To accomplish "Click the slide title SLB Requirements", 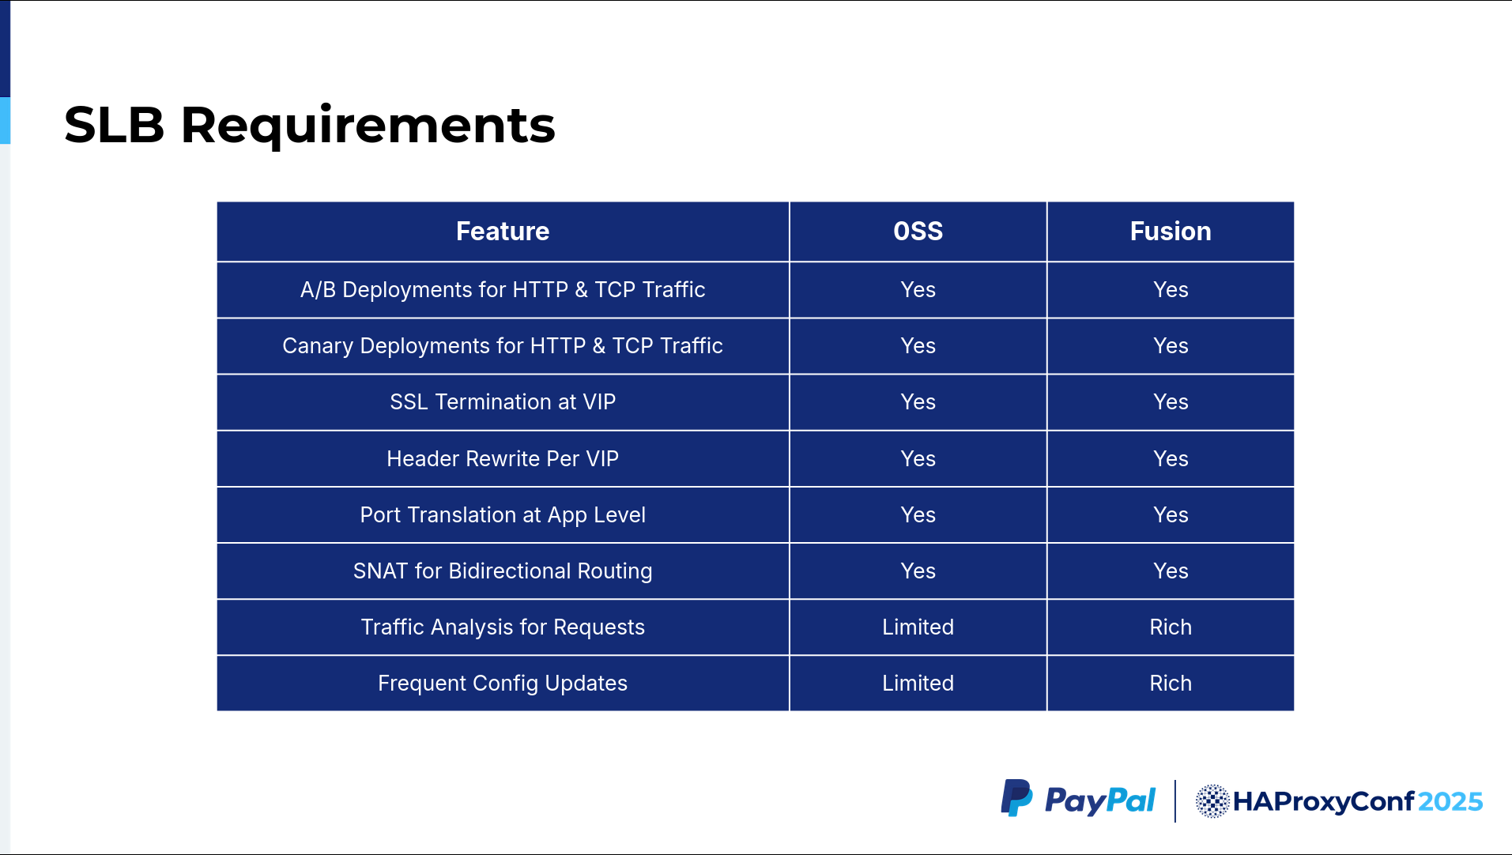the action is (x=310, y=125).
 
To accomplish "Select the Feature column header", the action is (x=503, y=231).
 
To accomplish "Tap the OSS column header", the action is (x=918, y=231).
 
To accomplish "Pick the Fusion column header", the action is (x=1171, y=231).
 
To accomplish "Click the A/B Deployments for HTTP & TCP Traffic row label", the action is (x=503, y=289).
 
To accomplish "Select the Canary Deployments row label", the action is (x=503, y=346).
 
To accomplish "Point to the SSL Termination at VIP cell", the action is (x=503, y=401).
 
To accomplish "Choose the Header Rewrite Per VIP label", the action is (x=503, y=458).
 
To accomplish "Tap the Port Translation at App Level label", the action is (x=503, y=515).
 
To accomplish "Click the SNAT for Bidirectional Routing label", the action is (x=503, y=571).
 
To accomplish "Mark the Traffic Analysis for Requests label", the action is (x=503, y=627).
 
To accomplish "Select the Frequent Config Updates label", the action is (x=503, y=684).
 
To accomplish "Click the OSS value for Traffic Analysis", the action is (x=918, y=627).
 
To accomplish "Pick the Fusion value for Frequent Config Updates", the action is (x=1171, y=683).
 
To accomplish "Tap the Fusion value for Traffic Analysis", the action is (x=1171, y=627).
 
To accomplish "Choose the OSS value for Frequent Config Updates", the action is (x=918, y=683).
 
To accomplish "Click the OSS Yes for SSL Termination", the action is (x=918, y=401).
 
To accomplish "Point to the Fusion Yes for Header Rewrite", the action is (x=1171, y=458).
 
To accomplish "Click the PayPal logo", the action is (x=1078, y=800).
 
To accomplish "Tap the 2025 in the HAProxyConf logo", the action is (x=1450, y=801).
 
